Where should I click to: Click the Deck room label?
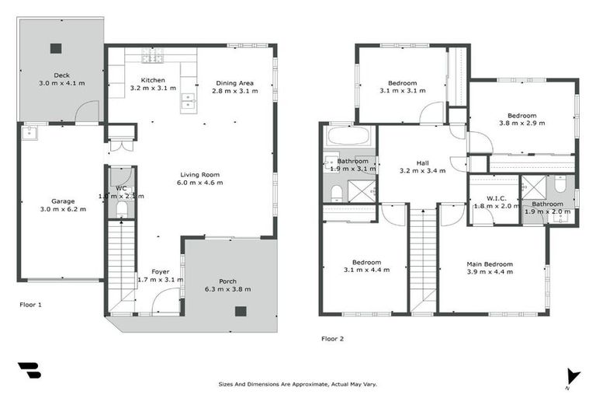61,75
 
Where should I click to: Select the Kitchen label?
152,80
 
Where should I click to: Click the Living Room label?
200,174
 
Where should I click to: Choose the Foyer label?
160,271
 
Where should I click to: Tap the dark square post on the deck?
56,48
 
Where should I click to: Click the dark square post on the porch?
241,311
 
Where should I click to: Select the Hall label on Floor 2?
422,162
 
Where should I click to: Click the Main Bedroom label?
489,264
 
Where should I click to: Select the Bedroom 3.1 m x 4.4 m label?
364,262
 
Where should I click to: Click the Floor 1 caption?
30,305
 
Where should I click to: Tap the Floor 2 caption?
332,338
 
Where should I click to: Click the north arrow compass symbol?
573,376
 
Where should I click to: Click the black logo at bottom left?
29,371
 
